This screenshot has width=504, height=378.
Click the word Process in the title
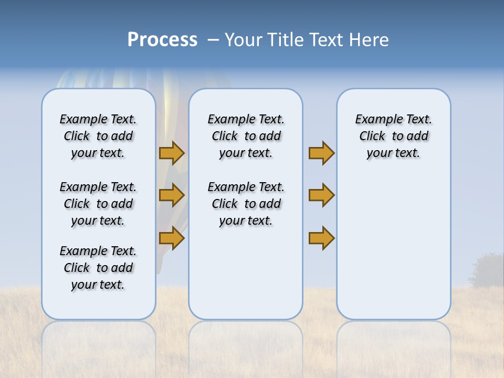pos(162,40)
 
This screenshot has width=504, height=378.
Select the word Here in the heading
pos(370,40)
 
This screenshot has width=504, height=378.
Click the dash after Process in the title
pos(213,40)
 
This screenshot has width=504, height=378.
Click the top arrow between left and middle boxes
pos(172,153)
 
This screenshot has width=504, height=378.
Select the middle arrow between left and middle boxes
pos(172,195)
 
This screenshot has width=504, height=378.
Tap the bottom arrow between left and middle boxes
pos(172,238)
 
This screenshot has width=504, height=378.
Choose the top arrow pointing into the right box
pos(321,153)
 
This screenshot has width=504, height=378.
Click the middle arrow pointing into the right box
pos(321,195)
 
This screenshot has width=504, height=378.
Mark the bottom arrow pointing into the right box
pos(321,238)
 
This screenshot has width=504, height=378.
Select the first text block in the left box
pos(98,136)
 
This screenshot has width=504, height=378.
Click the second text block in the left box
pos(98,204)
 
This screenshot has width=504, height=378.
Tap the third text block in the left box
pos(98,268)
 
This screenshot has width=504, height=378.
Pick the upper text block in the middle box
pos(246,136)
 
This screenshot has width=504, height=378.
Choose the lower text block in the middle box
pos(246,204)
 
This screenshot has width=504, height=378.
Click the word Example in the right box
pos(374,119)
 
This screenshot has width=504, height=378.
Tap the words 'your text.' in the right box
pos(393,153)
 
